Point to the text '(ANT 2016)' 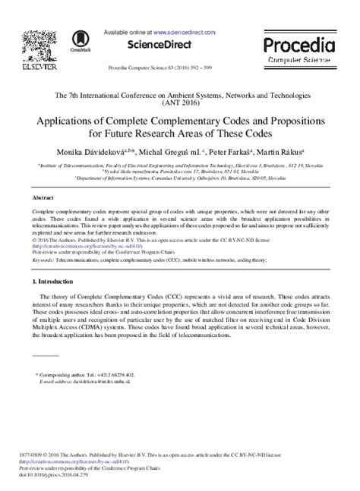pyautogui.click(x=180, y=105)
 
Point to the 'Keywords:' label pyautogui.click(x=43, y=259)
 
